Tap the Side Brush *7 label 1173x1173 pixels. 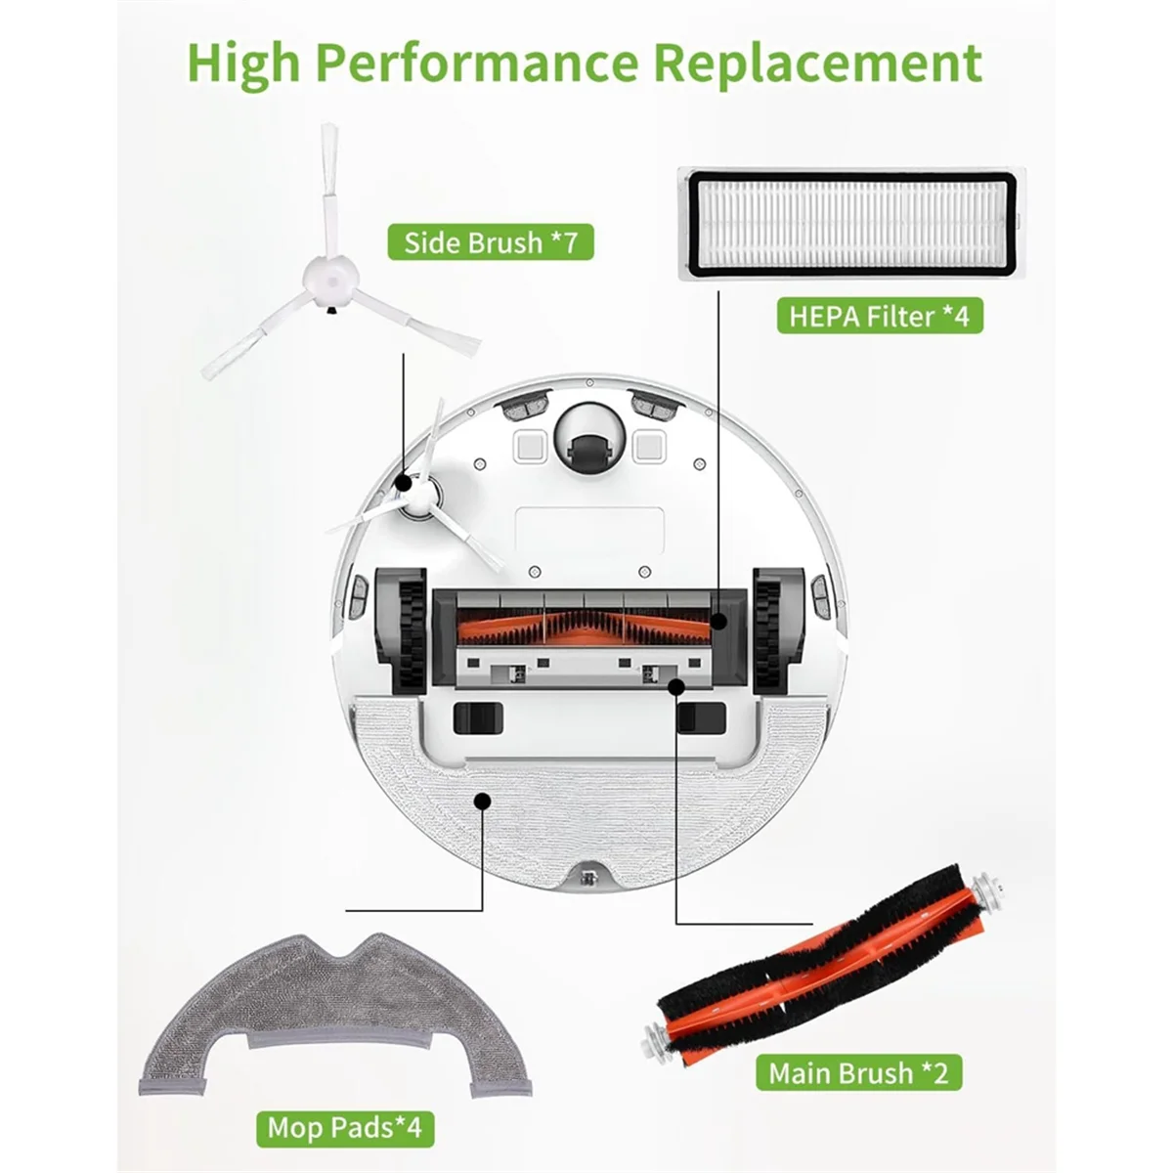[491, 242]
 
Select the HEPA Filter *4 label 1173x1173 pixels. [879, 316]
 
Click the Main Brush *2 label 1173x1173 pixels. [858, 1072]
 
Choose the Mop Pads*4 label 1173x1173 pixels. [344, 1127]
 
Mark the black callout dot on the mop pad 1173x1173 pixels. [481, 801]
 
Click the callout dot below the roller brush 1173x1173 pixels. [675, 687]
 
